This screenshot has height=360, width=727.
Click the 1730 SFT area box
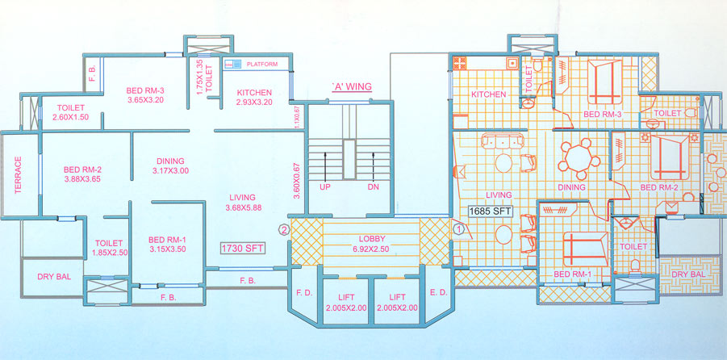243,248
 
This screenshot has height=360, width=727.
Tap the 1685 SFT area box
490,211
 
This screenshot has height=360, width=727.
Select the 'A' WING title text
352,86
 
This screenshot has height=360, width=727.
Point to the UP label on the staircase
324,187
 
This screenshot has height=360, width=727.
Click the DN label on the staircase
374,187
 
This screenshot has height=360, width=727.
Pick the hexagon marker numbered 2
284,229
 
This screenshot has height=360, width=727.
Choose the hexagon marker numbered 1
458,228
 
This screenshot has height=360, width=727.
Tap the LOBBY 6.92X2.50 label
372,244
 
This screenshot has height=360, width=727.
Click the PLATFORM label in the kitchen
262,64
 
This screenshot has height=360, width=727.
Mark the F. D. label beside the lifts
305,292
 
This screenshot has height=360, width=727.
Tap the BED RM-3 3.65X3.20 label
145,94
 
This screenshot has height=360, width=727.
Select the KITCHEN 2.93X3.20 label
254,97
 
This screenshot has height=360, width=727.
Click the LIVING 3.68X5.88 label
243,203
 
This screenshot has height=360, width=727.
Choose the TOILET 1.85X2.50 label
108,248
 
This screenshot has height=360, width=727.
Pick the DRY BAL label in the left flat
54,277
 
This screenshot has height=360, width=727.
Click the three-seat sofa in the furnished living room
502,140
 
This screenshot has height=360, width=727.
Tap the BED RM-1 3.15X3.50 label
167,245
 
